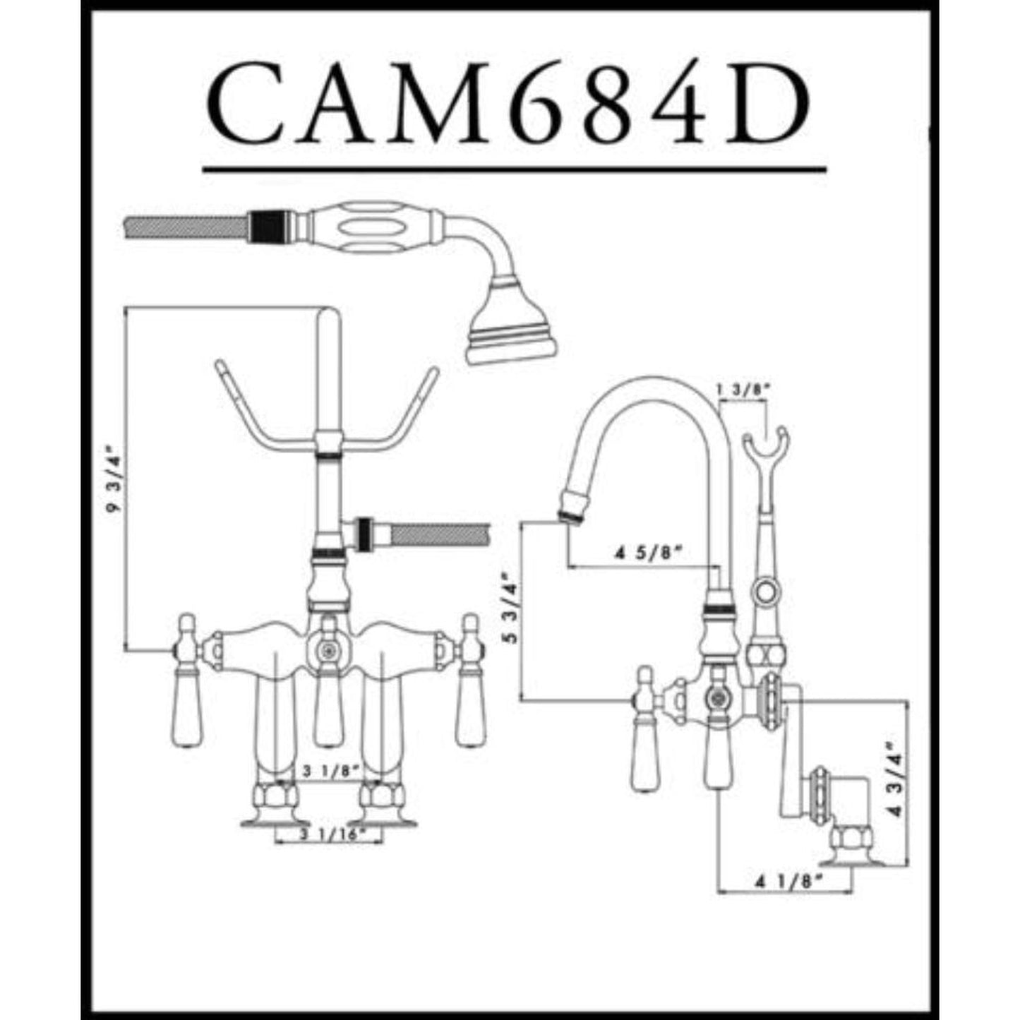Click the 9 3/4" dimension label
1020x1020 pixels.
click(x=112, y=480)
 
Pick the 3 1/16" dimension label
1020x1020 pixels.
click(x=329, y=834)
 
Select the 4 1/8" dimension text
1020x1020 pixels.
click(x=790, y=881)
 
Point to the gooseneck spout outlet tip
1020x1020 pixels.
click(x=569, y=508)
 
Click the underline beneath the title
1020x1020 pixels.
click(x=514, y=169)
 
